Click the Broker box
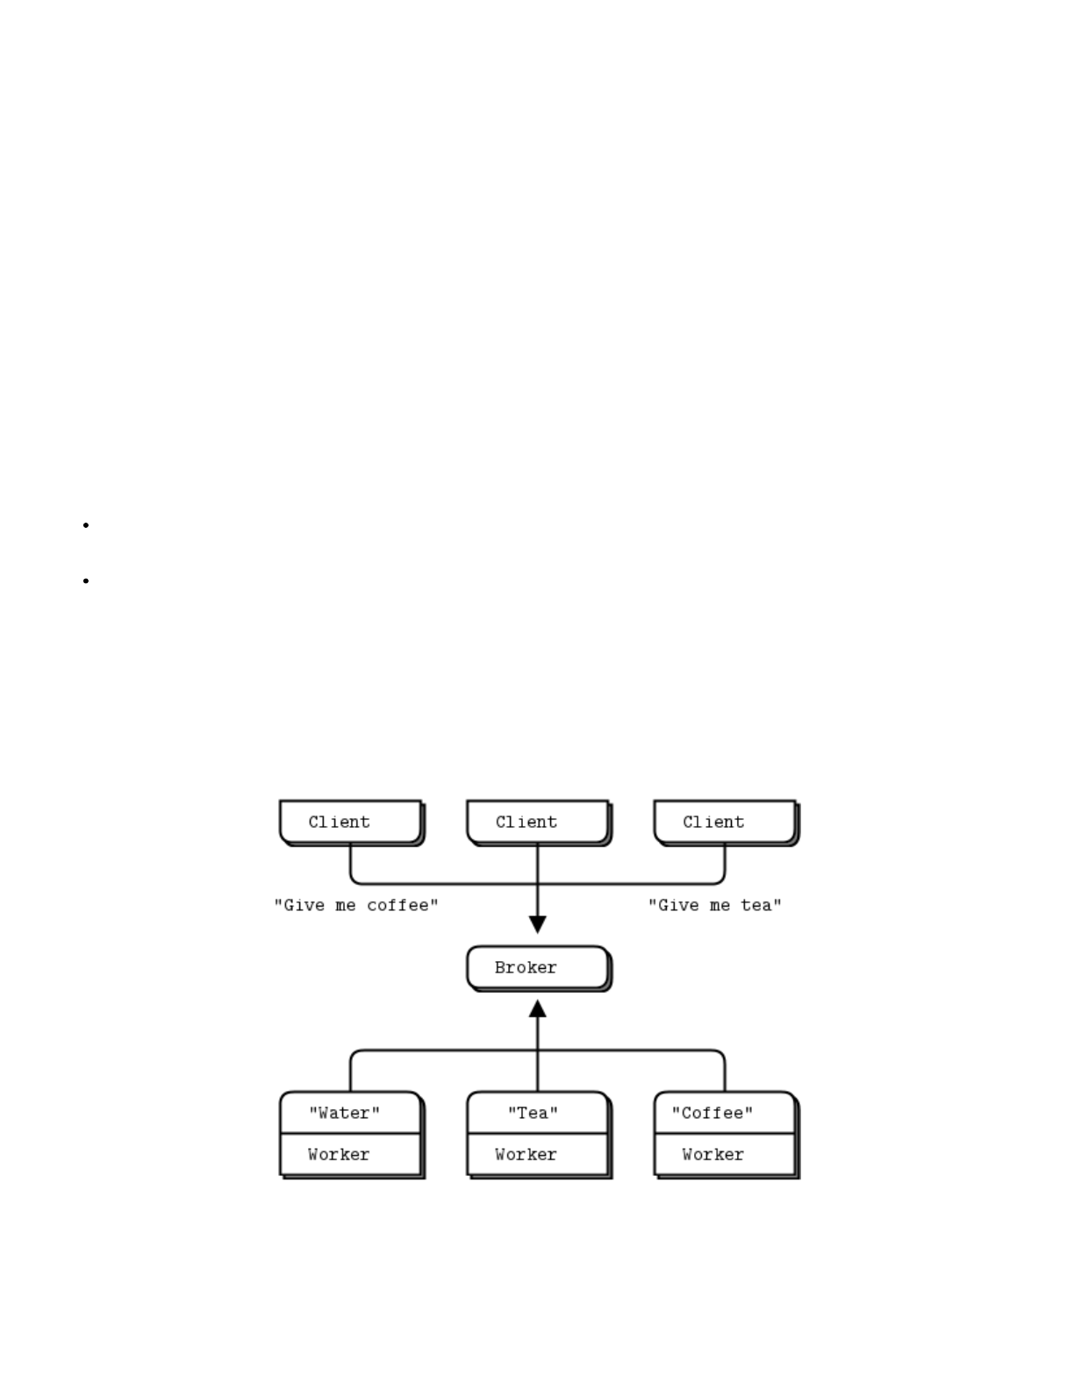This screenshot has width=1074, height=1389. tap(537, 967)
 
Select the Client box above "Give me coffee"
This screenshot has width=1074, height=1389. tap(350, 822)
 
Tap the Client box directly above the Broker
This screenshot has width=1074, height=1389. tap(537, 822)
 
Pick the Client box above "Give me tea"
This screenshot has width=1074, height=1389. tap(725, 822)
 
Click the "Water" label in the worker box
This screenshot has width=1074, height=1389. tap(344, 1113)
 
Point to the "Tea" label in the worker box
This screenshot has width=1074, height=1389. tap(533, 1113)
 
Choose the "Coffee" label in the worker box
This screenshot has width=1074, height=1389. tap(712, 1113)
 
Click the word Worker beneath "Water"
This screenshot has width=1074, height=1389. tap(339, 1154)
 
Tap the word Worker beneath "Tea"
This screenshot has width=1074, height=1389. tap(526, 1154)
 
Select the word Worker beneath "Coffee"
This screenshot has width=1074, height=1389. tap(712, 1154)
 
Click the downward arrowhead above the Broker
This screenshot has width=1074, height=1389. tap(538, 924)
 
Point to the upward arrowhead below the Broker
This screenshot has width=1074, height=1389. tap(538, 1009)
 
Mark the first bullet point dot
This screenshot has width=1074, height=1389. tap(86, 525)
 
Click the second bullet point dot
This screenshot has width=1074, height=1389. tap(86, 581)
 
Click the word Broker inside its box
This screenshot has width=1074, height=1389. tap(526, 967)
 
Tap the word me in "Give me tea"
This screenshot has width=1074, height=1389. tap(720, 905)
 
